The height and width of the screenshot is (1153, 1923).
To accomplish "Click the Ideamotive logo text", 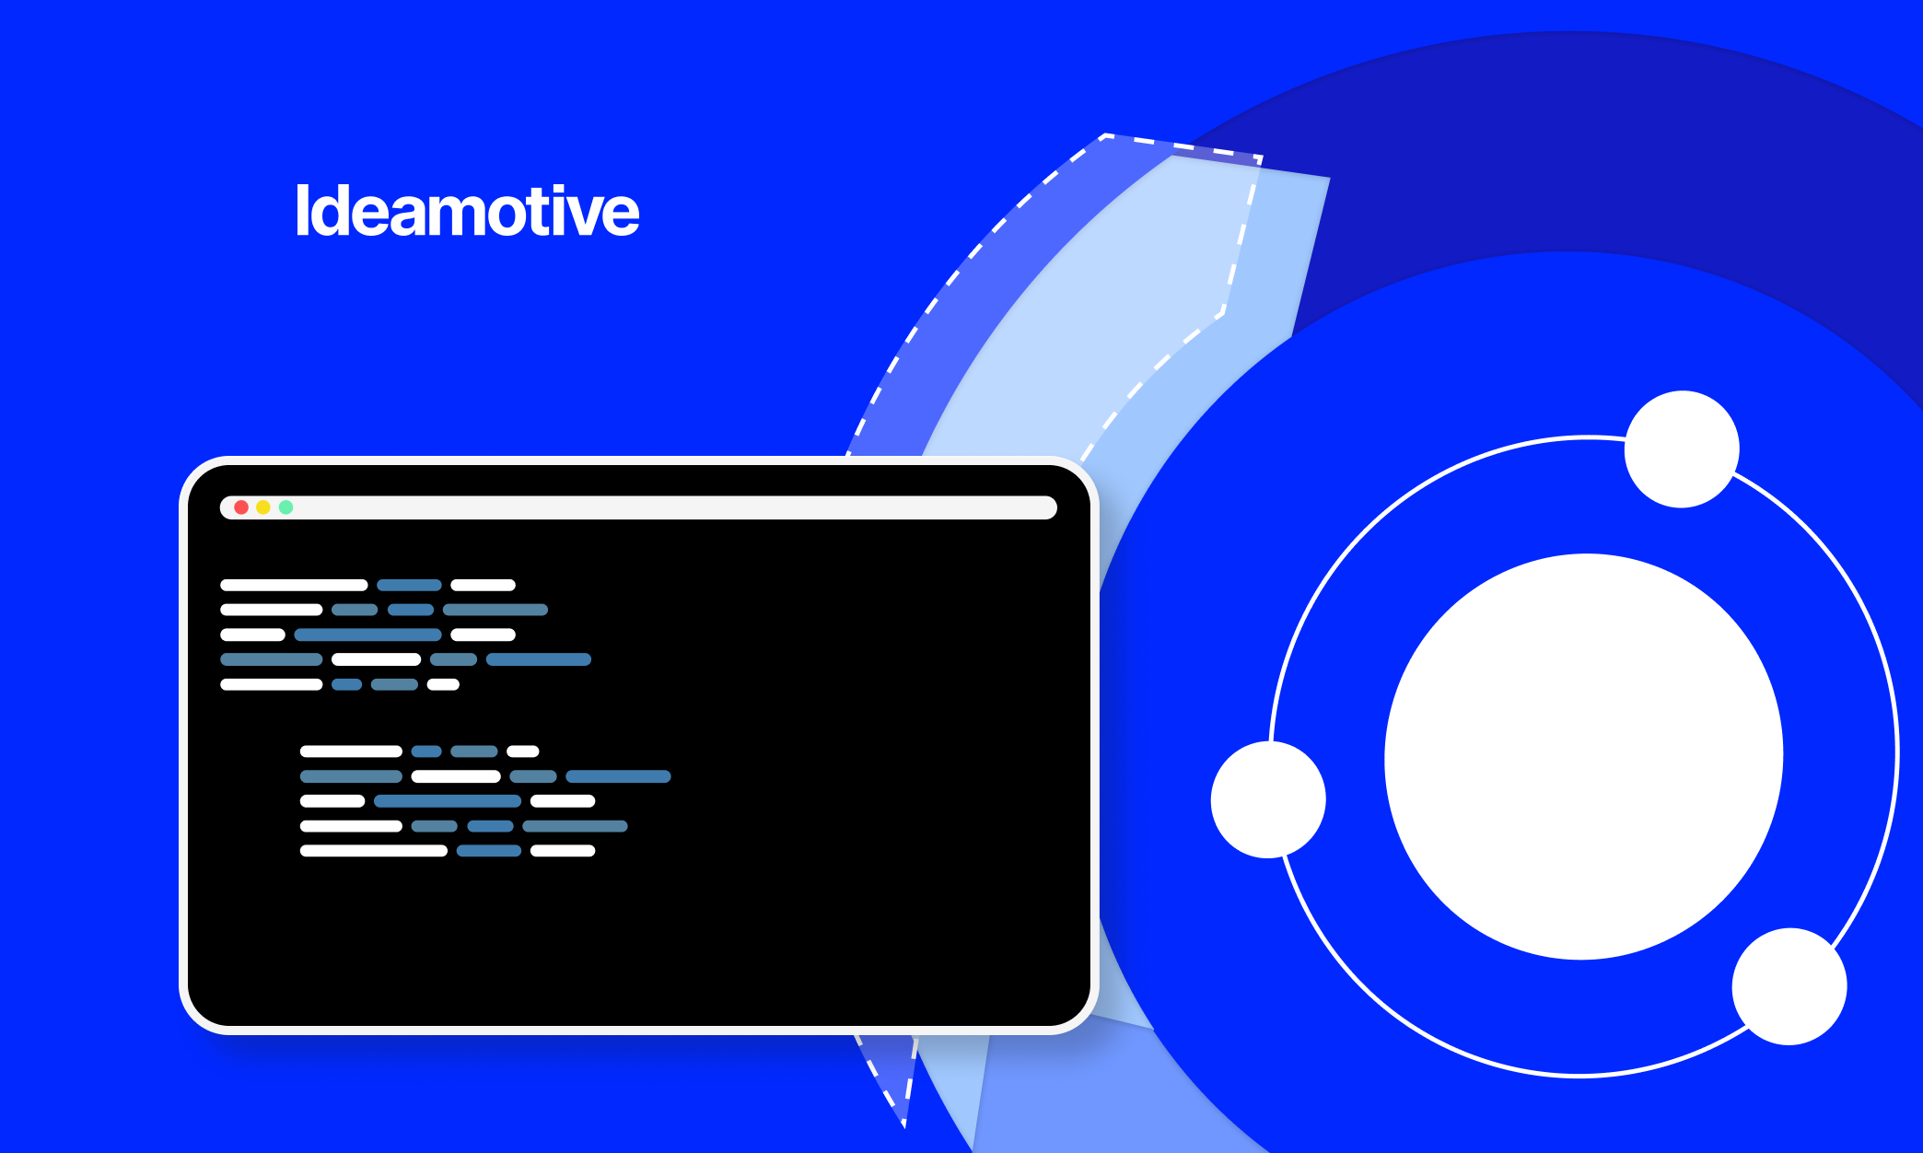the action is (x=467, y=211).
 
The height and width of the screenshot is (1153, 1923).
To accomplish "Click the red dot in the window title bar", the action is (x=241, y=507).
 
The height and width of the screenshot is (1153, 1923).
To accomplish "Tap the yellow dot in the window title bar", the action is (x=263, y=507).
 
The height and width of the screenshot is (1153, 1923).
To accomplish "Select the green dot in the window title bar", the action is (x=286, y=507).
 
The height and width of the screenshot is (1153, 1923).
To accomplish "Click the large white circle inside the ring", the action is (x=1584, y=756).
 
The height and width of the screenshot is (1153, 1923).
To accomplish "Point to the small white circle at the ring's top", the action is (x=1682, y=449).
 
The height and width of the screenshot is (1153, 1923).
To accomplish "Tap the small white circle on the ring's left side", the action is (x=1268, y=799).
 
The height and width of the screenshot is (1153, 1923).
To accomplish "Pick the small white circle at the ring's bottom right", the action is (x=1789, y=986).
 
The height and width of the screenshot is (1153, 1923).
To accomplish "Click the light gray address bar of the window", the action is (x=638, y=507).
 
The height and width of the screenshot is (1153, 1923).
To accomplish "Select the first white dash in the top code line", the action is (x=294, y=585).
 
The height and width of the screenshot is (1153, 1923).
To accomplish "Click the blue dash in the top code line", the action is (x=409, y=585).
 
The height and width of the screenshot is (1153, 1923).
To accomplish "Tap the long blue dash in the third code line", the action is (x=367, y=635).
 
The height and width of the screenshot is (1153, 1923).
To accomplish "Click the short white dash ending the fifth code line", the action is (x=443, y=684).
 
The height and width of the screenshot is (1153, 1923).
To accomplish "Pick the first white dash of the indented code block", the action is (x=351, y=751).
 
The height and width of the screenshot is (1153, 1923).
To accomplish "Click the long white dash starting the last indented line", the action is (x=374, y=851).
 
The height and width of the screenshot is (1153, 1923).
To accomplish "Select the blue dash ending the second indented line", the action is (x=618, y=776).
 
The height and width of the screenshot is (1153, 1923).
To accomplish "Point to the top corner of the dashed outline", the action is (x=1104, y=135).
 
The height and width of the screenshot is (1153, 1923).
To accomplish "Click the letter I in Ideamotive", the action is (x=301, y=211).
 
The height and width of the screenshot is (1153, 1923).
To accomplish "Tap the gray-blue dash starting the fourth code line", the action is (x=272, y=659).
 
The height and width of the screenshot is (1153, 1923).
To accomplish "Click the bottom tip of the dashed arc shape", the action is (x=903, y=1125).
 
